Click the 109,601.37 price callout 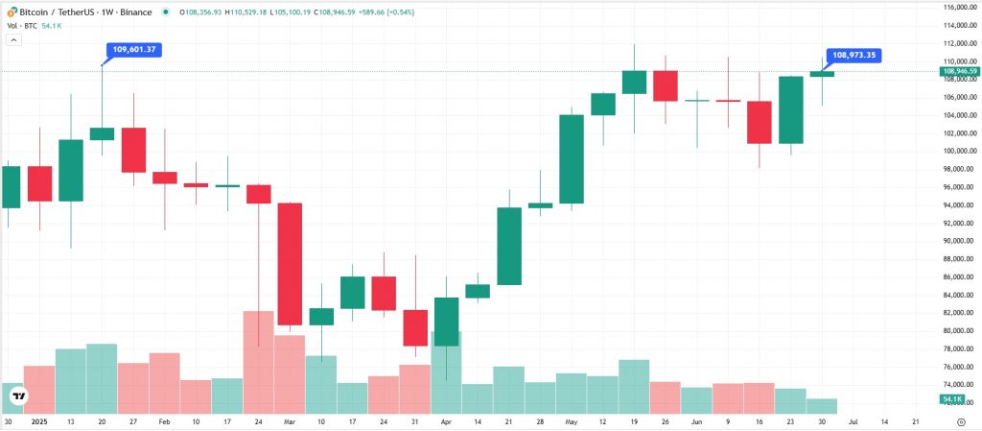133,49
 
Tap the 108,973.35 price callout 853,56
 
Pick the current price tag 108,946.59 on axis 959,71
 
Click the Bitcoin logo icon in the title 9,12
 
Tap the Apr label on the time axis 445,421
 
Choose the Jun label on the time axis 697,421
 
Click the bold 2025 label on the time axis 39,421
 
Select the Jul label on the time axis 853,421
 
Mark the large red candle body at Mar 290,264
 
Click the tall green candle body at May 572,158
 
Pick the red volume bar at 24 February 258,362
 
